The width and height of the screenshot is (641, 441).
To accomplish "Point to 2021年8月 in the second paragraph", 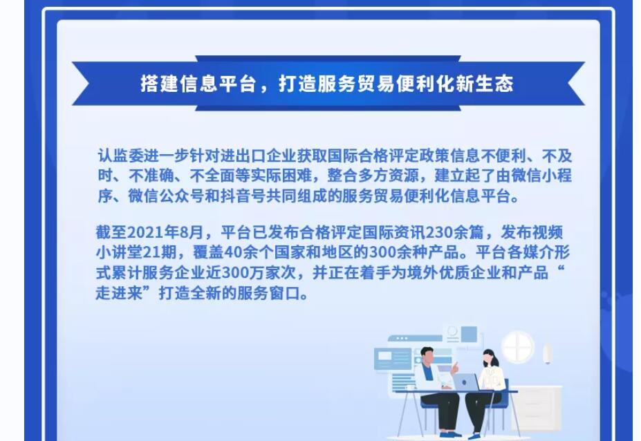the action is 165,232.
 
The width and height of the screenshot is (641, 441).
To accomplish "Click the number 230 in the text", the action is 440,232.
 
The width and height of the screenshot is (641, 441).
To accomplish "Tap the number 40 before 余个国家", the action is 234,252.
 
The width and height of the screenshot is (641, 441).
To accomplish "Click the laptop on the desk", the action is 466,382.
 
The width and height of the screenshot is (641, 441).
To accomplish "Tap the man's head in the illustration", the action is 427,355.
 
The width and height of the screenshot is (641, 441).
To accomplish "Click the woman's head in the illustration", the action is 489,357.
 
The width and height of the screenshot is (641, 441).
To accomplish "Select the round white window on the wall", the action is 517,346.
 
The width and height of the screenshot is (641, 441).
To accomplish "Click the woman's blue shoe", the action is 474,435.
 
